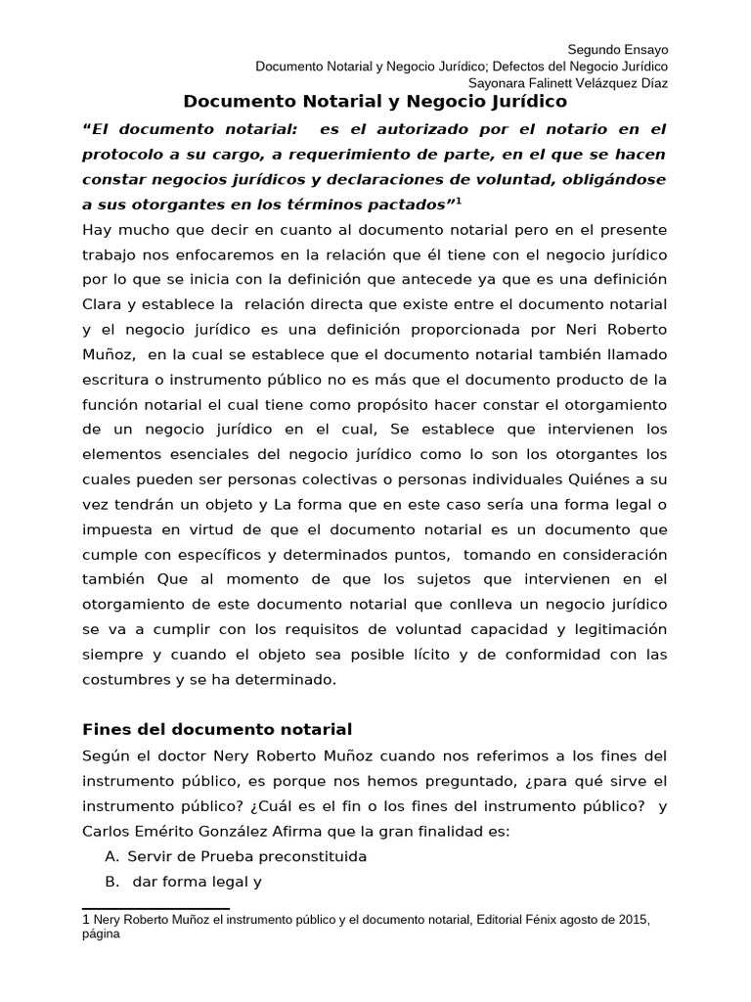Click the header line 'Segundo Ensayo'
(x=618, y=50)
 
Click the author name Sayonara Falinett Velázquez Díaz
(x=568, y=83)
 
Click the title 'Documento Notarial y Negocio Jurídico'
(x=375, y=101)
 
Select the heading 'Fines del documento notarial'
(x=216, y=729)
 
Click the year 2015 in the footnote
(x=634, y=922)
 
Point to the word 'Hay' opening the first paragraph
(x=98, y=229)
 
